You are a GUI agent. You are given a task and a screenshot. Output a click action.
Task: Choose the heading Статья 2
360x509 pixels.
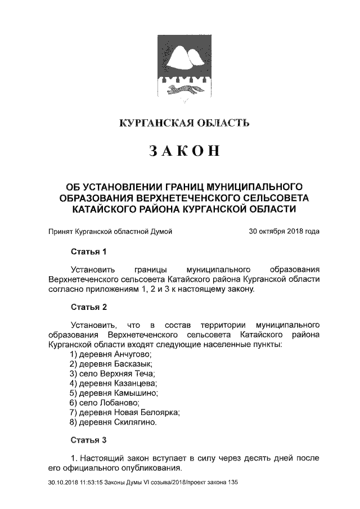(x=88, y=307)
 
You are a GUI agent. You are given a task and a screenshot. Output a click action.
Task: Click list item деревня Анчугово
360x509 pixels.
(x=111, y=354)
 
